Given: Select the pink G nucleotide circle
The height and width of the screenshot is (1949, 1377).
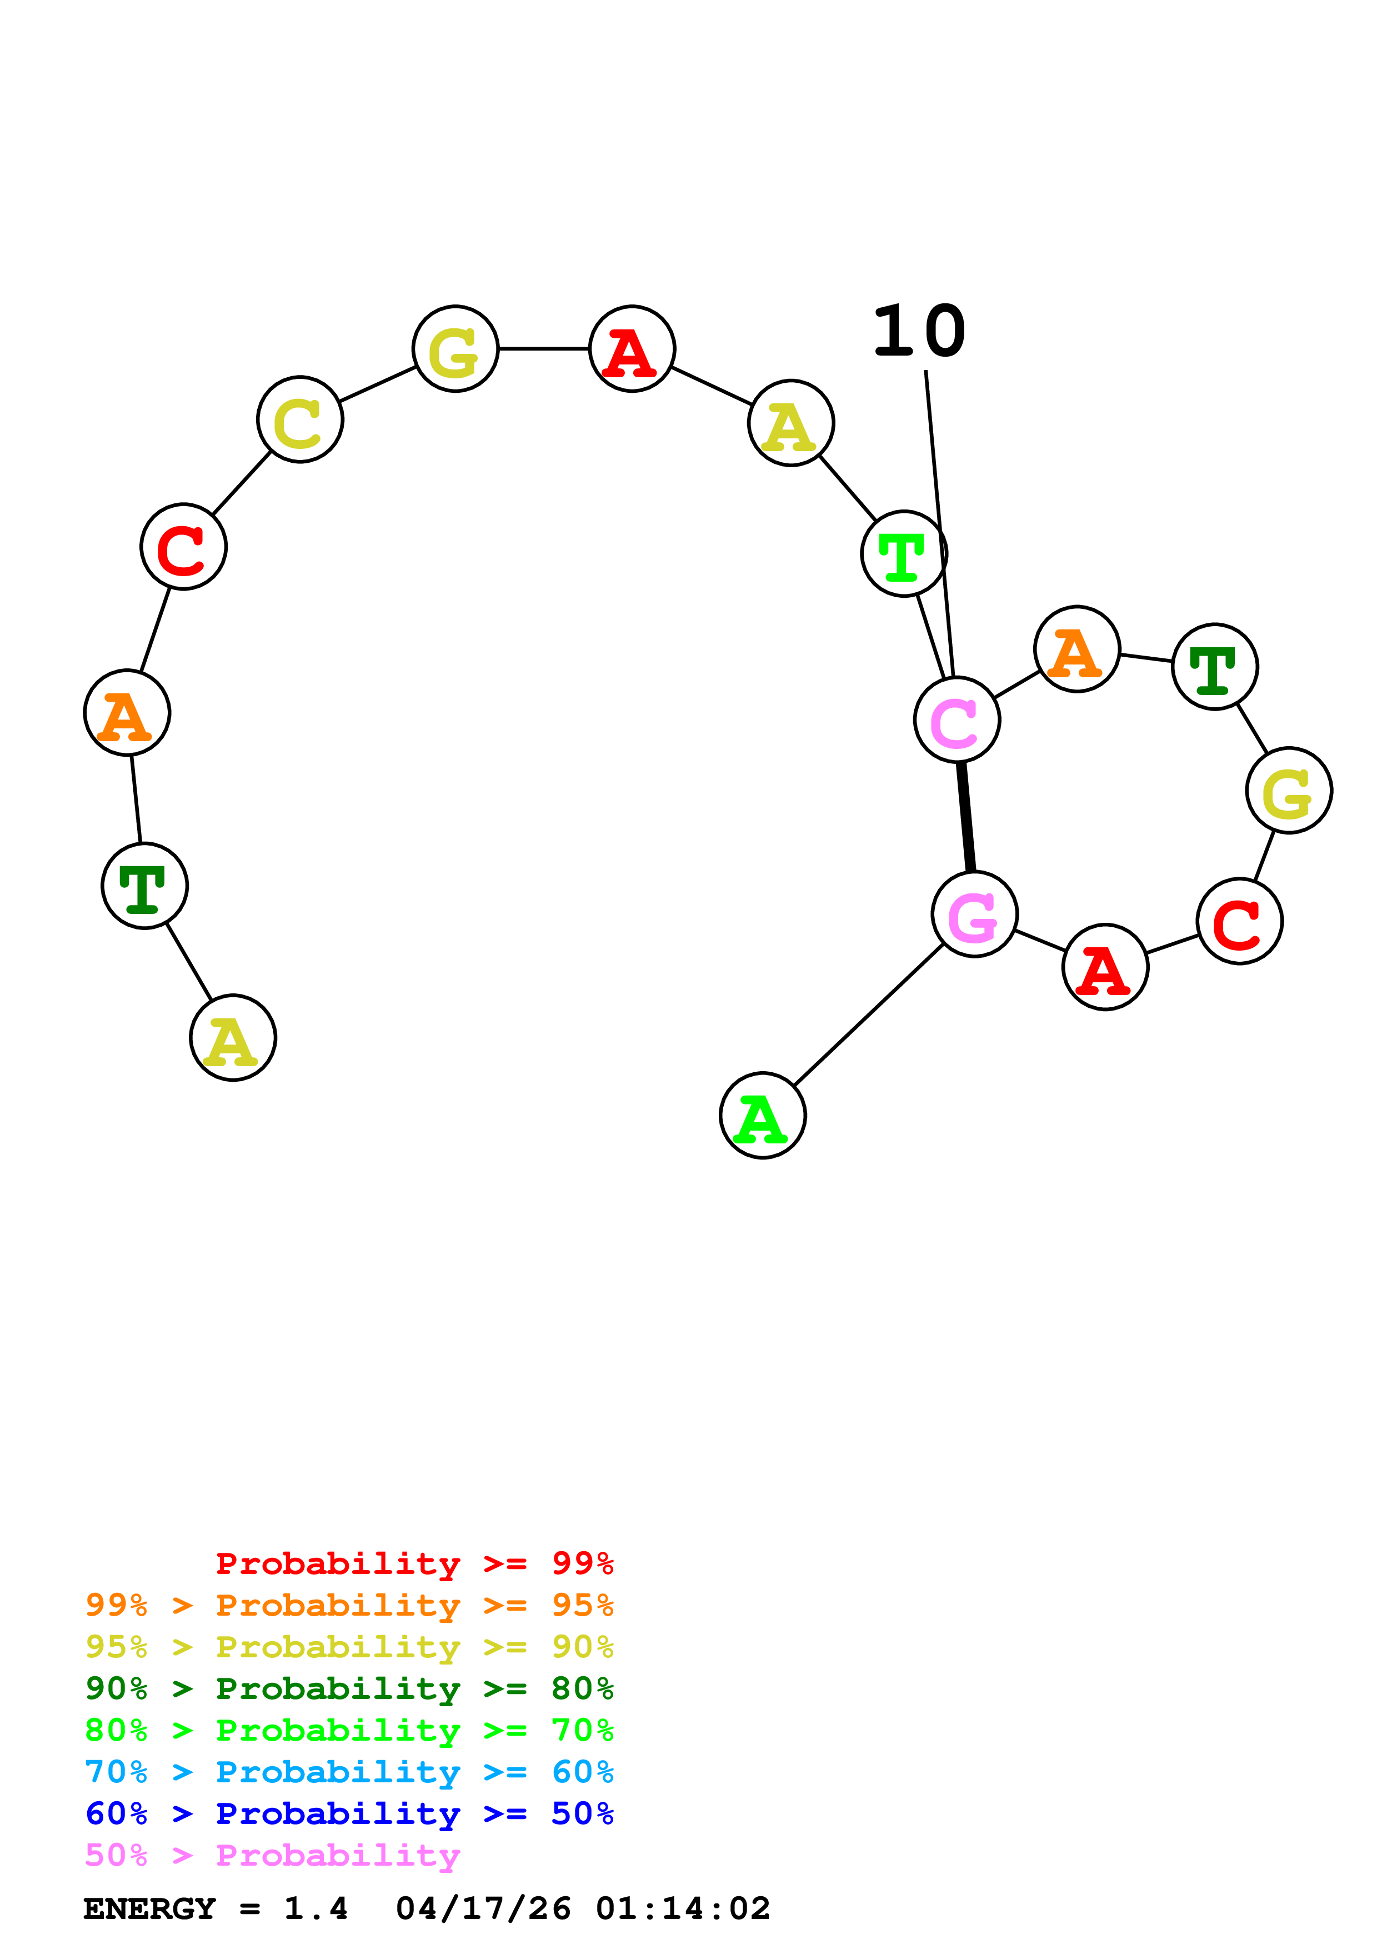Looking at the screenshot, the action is coord(974,914).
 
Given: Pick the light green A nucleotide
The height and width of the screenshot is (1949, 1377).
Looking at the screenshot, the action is coord(762,1116).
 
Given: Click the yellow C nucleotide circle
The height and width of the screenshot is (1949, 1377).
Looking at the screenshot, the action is coord(301,419).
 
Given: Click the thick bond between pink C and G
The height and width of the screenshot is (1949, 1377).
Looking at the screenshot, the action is coord(965,817).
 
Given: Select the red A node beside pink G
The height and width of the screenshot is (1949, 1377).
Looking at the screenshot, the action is coord(1105,967).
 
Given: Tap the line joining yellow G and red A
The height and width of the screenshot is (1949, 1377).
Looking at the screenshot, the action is coord(544,348).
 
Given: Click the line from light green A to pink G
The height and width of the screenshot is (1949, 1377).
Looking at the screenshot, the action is coord(868,1015).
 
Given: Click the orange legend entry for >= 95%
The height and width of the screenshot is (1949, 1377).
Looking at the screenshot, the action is coord(349,1605).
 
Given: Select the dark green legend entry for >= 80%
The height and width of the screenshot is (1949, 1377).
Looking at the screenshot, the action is coord(349,1688).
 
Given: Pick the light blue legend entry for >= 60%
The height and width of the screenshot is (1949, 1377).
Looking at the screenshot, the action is coord(349,1772).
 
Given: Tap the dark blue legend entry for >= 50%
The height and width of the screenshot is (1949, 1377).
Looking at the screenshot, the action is coord(349,1813).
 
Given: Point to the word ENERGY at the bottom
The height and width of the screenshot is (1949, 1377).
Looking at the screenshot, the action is coord(149,1909).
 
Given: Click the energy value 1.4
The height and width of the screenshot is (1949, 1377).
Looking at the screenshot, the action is coord(316,1909).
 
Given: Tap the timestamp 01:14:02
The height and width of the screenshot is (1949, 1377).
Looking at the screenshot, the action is coord(683,1909).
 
